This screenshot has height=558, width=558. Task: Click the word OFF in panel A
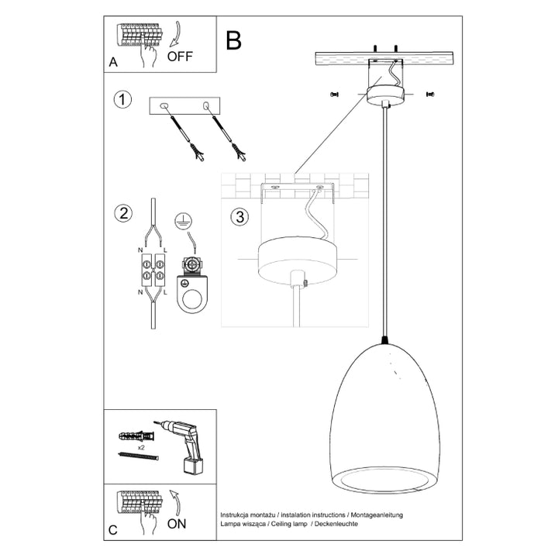pyautogui.click(x=181, y=56)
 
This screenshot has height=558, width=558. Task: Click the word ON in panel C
pyautogui.click(x=177, y=524)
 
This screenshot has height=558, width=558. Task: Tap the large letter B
pyautogui.click(x=233, y=41)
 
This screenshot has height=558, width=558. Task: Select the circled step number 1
pyautogui.click(x=121, y=99)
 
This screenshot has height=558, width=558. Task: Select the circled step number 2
pyautogui.click(x=121, y=214)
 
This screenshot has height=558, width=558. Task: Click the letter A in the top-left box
pyautogui.click(x=113, y=64)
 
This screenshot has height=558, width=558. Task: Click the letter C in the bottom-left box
pyautogui.click(x=113, y=530)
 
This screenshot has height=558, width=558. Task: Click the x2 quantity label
pyautogui.click(x=143, y=447)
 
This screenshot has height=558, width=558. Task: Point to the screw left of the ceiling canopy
pyautogui.click(x=335, y=95)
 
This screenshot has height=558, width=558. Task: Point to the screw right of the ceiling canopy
pyautogui.click(x=430, y=95)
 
